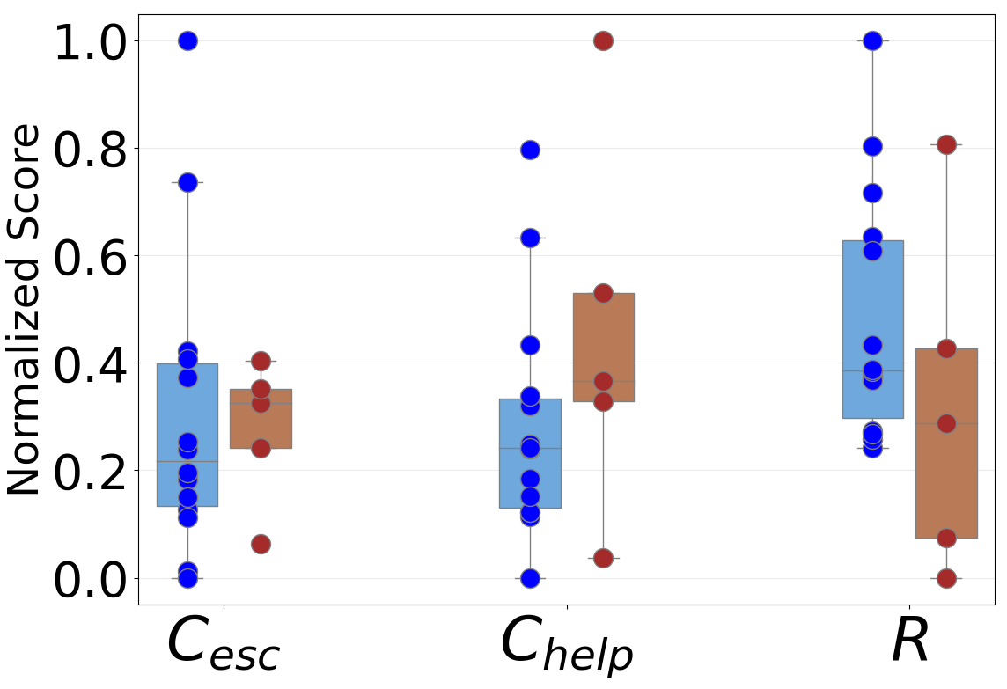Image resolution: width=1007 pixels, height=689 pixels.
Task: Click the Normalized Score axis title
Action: pos(24,310)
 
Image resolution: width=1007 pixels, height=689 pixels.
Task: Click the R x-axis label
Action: pos(909,641)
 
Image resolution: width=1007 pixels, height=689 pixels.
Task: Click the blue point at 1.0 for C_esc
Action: pos(187,40)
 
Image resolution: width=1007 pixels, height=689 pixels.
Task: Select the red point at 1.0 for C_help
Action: pos(603,40)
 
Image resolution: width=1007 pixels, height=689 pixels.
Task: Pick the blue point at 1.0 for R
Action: pos(872,40)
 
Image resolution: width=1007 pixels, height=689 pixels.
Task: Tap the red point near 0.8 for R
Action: pos(946,144)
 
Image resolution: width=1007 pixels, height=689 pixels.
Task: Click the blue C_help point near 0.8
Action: pos(530,150)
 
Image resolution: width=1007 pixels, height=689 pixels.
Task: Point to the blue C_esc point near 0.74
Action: pos(187,182)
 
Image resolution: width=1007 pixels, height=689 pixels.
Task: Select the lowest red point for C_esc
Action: pos(261,544)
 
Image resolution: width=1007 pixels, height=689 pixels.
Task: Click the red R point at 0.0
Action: pos(946,578)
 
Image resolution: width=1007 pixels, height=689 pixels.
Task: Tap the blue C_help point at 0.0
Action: pos(530,578)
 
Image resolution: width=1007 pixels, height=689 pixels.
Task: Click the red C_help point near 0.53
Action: pos(603,293)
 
